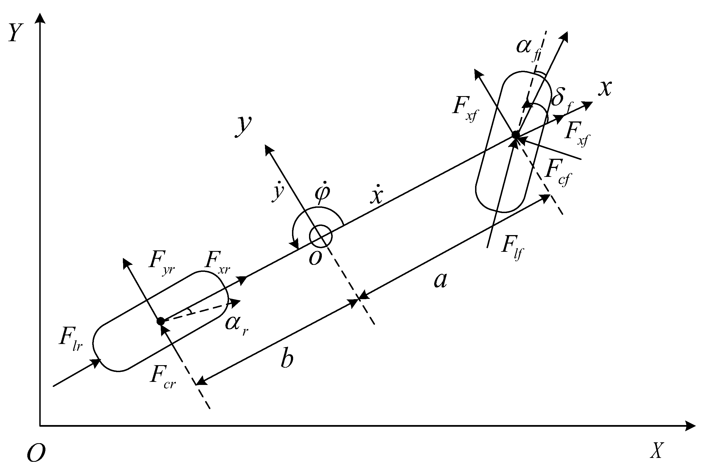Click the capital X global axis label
657,450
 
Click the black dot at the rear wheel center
161,321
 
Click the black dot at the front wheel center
515,135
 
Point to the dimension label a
441,280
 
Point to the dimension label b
287,358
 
